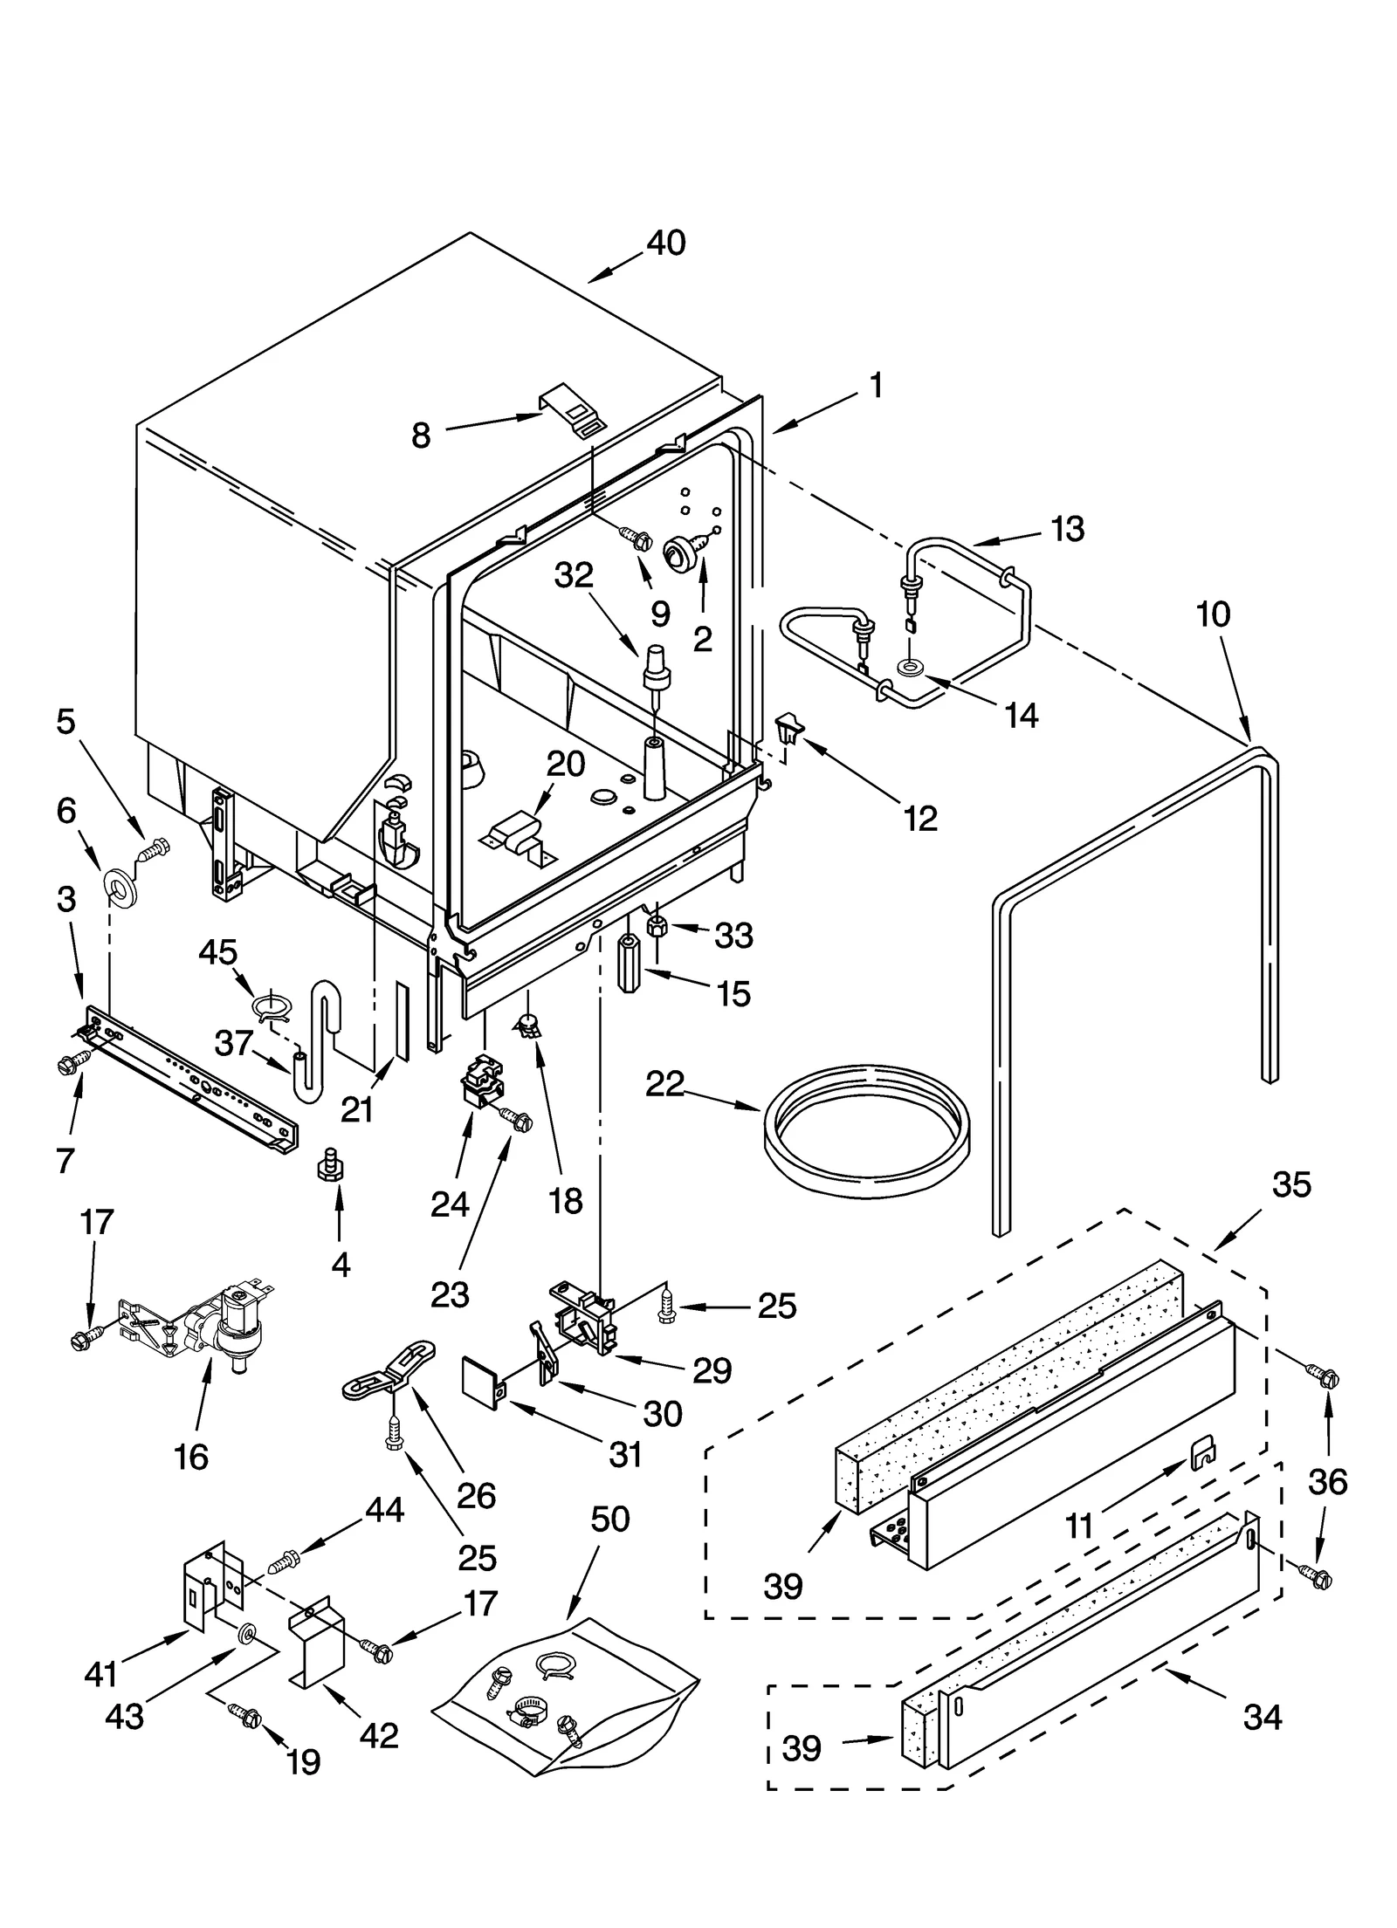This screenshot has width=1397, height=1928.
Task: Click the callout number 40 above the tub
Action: tap(665, 243)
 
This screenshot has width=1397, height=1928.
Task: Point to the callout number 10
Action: tap(1213, 614)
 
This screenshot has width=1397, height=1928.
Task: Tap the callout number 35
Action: tap(1290, 1184)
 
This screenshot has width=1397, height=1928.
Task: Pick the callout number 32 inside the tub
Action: tap(574, 574)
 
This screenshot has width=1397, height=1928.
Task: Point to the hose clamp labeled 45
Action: tap(271, 1007)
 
